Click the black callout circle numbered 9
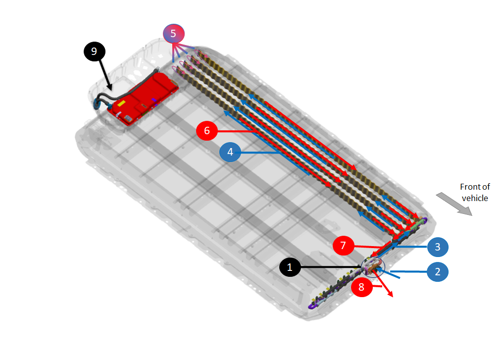tap(94, 51)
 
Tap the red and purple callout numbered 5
tap(174, 33)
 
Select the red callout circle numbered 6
tap(207, 131)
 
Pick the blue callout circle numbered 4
tap(230, 153)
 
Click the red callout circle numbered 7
tap(344, 246)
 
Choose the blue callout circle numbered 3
tap(438, 247)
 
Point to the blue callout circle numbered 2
tap(438, 271)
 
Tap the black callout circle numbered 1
tap(290, 267)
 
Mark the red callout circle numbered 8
tap(361, 287)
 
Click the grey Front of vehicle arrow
tap(454, 204)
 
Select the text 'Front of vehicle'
tap(475, 193)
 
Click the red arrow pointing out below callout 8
tap(387, 291)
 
